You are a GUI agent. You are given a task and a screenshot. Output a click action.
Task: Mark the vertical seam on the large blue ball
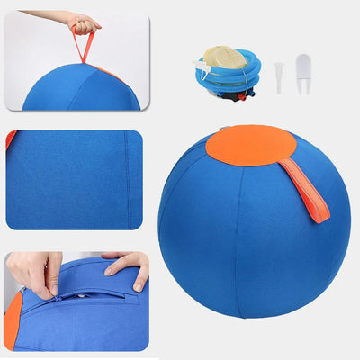pos(237,234)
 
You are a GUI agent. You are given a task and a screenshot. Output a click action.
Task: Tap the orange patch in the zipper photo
pos(13,319)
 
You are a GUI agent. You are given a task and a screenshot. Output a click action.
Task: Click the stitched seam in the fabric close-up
pos(126,180)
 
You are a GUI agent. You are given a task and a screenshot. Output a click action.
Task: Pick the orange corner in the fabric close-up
pos(11,139)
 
